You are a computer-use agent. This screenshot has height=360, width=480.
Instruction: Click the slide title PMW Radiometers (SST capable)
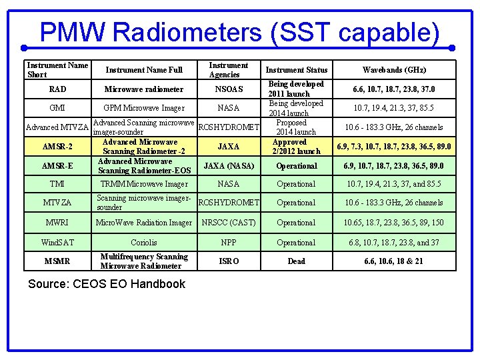[x=239, y=32]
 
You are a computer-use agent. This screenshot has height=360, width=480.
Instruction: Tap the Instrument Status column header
[x=297, y=70]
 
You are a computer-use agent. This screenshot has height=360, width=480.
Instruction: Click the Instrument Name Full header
[x=144, y=70]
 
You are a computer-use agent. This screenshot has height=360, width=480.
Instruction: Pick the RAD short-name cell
[x=58, y=89]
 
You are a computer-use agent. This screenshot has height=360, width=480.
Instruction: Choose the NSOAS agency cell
[x=229, y=89]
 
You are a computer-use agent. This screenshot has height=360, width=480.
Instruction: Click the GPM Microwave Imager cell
[x=144, y=108]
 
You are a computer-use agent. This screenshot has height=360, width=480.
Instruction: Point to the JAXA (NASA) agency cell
[x=229, y=166]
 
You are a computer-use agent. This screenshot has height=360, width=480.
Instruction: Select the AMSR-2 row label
[x=57, y=147]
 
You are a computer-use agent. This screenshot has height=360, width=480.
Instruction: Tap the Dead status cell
[x=297, y=261]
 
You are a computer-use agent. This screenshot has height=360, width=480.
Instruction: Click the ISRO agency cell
[x=229, y=261]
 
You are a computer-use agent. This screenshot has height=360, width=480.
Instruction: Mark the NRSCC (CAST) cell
[x=229, y=223]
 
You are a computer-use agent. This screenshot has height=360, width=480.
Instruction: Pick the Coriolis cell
[x=144, y=243]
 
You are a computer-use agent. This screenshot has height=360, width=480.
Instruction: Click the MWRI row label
[x=57, y=223]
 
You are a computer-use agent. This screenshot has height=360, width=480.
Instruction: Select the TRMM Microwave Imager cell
[x=144, y=184]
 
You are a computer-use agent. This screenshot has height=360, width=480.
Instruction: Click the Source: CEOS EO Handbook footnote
[x=107, y=284]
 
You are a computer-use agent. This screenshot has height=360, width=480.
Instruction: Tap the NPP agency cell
[x=229, y=243]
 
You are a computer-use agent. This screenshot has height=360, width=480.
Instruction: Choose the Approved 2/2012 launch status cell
[x=297, y=147]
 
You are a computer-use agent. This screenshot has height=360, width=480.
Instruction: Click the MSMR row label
[x=57, y=261]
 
